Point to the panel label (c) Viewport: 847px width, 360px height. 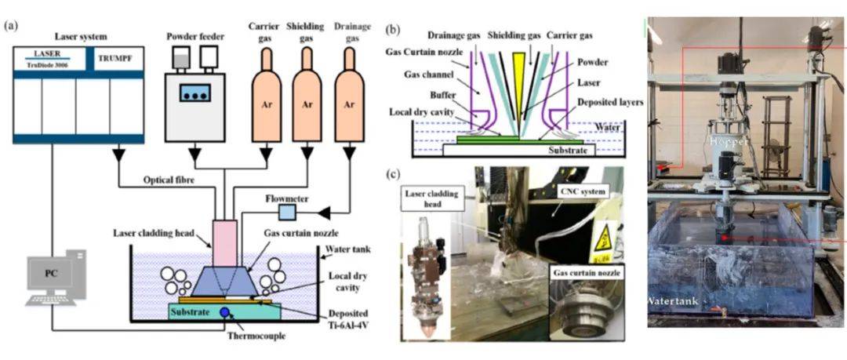click(398, 173)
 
